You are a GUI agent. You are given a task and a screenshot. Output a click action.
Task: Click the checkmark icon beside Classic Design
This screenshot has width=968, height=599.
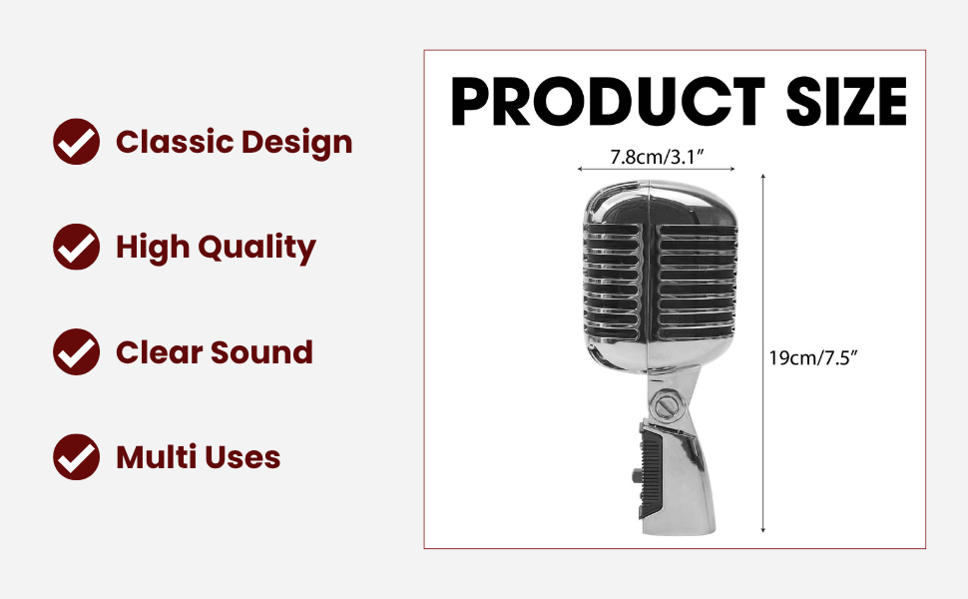pos(76,142)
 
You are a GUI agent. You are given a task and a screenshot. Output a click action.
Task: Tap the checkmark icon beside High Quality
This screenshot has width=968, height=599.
pos(76,247)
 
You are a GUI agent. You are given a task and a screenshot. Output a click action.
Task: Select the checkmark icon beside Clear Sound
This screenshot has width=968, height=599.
pos(76,352)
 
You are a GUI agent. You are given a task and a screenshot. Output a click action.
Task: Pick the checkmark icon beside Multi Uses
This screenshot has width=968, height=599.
pos(76,457)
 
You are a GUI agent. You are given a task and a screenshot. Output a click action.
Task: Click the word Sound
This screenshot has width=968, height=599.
pos(261,352)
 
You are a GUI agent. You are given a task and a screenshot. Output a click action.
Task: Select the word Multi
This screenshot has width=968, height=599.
pos(156,457)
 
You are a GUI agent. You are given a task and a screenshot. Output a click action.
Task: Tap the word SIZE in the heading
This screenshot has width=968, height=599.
pos(846,102)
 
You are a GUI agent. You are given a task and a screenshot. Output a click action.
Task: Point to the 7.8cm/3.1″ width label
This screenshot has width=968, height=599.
pos(657,158)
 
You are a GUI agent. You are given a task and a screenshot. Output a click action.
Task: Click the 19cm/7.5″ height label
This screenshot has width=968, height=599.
pos(813,357)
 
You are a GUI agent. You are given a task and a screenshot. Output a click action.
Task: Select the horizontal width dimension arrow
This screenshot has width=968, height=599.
pos(657,169)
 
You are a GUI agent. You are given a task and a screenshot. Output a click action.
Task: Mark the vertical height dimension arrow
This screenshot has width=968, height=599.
pos(763,353)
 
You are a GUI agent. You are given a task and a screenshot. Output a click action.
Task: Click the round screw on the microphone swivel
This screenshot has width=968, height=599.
pos(668,405)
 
